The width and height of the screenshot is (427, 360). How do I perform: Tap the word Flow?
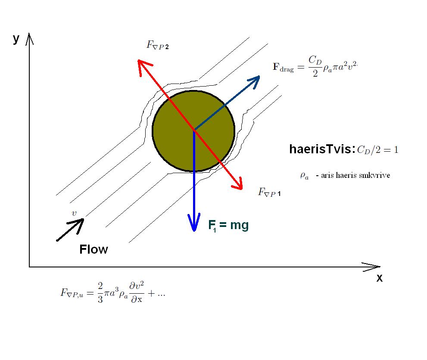click(94, 249)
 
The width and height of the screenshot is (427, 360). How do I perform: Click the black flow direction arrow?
click(70, 230)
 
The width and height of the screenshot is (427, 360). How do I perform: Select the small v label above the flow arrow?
click(74, 213)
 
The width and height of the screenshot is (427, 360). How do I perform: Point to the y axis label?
click(16, 39)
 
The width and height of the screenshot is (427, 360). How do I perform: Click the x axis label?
click(379, 278)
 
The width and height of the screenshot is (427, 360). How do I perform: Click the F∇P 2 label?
click(158, 44)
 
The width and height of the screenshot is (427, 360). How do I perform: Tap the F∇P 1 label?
click(269, 192)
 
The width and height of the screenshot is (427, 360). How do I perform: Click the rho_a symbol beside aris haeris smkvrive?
click(304, 176)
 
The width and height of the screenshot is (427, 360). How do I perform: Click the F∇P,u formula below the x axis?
click(113, 293)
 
